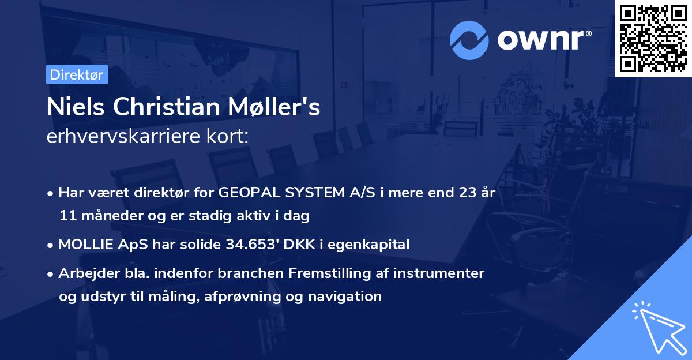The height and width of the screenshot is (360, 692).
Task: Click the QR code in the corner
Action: click(x=653, y=38)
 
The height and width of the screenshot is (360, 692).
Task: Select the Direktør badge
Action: click(x=76, y=74)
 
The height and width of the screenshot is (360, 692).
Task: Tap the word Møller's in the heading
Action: click(x=283, y=107)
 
